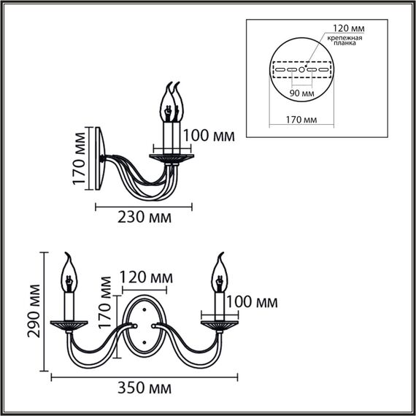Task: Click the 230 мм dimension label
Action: pyautogui.click(x=145, y=218)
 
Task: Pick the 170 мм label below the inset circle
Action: pyautogui.click(x=301, y=118)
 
